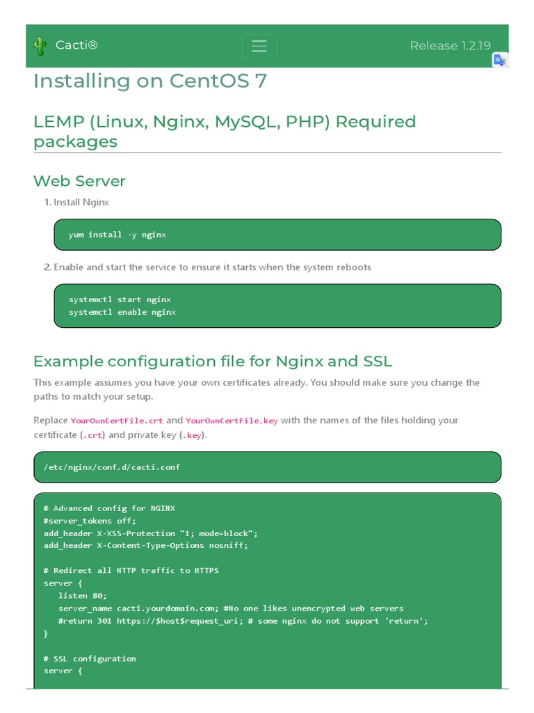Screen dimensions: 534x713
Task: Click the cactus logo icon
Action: click(40, 46)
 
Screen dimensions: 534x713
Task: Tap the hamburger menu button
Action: click(259, 46)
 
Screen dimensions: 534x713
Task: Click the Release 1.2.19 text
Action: click(450, 46)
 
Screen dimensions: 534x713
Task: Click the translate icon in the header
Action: click(500, 60)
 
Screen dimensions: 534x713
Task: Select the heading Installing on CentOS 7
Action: click(150, 81)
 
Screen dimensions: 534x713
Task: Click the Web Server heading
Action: click(79, 181)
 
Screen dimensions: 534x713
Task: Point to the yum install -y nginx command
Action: click(117, 235)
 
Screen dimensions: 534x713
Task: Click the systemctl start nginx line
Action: click(120, 299)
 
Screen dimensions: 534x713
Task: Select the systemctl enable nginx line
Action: click(122, 312)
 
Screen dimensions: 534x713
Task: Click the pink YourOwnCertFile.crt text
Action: click(117, 421)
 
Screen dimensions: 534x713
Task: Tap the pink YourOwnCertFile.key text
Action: click(232, 421)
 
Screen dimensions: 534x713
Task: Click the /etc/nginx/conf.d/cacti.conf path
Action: click(111, 467)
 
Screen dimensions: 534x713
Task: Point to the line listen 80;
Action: click(83, 595)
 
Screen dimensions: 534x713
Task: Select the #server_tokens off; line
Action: click(90, 520)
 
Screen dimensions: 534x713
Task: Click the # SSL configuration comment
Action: click(90, 658)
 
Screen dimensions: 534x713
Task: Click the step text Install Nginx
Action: click(81, 202)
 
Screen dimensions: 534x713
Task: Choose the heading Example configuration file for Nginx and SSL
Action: click(213, 361)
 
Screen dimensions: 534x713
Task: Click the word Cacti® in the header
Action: click(76, 46)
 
